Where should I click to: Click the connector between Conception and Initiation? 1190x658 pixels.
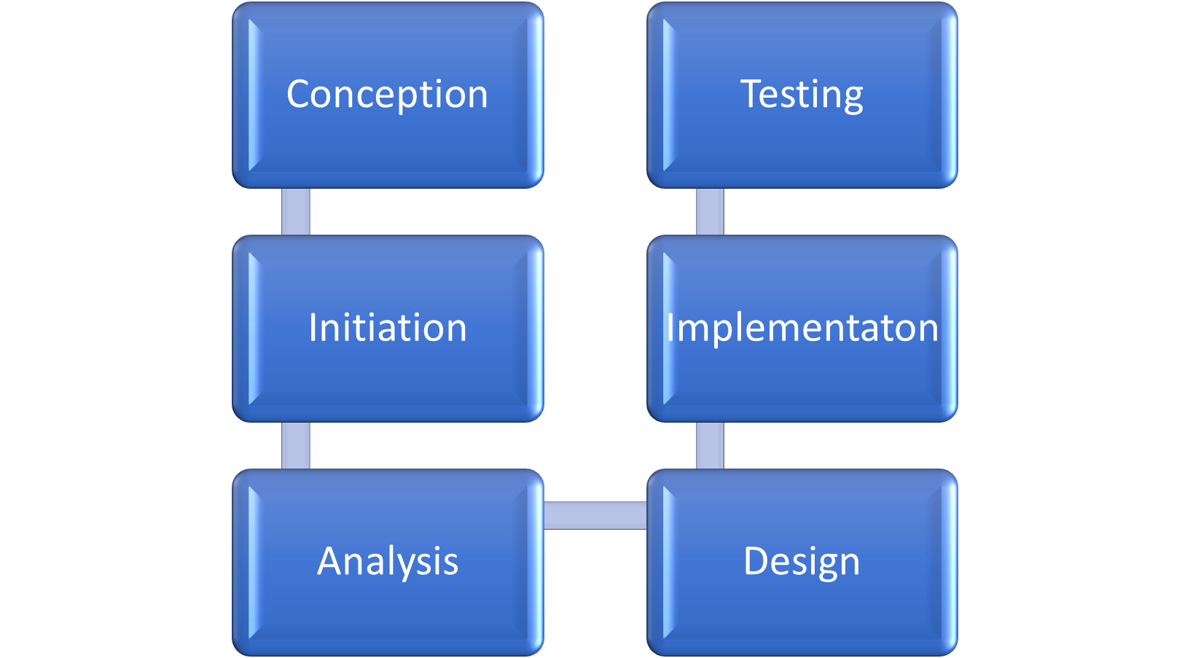(x=296, y=211)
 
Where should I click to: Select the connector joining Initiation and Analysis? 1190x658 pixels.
(x=296, y=445)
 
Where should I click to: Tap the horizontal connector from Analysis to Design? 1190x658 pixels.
(x=595, y=515)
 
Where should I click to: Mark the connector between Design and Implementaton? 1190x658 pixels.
(x=710, y=445)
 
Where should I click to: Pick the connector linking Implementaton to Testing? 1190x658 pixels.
(x=710, y=211)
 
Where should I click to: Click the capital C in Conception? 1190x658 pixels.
(x=300, y=95)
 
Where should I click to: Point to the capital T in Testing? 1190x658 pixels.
(x=752, y=94)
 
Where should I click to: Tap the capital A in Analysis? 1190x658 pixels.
(x=330, y=561)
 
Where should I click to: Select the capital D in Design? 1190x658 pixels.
(x=757, y=561)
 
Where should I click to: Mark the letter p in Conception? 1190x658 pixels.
(x=407, y=99)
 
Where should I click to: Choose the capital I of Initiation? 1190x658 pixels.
(x=313, y=327)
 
